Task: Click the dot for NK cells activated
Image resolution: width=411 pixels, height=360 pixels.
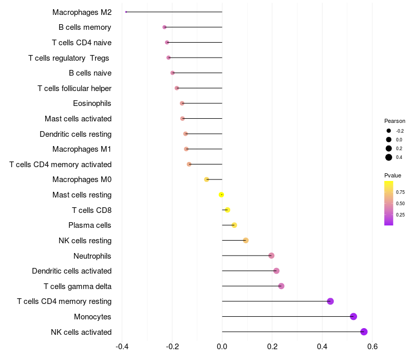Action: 364,332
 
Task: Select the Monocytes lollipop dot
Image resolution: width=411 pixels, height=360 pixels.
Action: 353,316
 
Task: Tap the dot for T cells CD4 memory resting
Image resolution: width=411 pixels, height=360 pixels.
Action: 330,301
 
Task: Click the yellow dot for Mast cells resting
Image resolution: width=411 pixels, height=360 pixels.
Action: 221,195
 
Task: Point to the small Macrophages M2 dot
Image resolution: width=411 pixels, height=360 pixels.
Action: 126,12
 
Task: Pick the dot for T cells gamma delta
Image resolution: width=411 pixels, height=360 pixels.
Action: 281,286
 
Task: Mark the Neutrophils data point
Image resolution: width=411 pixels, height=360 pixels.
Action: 271,256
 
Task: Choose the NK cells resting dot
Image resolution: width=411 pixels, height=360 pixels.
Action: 246,241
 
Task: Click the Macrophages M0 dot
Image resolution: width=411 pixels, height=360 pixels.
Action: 207,179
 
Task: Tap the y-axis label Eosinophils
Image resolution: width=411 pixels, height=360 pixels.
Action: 92,103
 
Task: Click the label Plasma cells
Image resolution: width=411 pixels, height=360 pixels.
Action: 90,225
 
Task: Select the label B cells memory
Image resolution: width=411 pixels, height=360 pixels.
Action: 85,27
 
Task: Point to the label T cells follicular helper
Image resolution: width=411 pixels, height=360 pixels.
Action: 74,88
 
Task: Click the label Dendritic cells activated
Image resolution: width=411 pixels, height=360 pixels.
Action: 71,271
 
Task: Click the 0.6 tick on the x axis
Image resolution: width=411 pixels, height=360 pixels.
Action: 372,346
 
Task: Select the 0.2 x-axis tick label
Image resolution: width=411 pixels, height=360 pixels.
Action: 272,346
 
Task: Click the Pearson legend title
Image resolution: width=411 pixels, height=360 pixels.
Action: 395,121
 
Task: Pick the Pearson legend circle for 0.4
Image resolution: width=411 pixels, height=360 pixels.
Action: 389,157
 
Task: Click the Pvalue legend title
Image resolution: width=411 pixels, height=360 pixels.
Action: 393,175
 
